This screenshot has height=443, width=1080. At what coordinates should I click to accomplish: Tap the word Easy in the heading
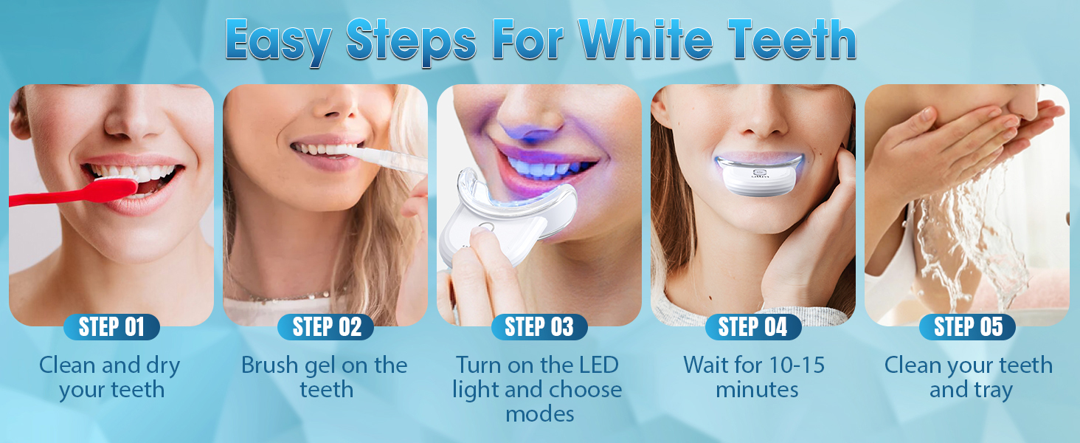pos(279,43)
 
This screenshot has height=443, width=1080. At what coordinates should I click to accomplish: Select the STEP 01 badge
pos(111,326)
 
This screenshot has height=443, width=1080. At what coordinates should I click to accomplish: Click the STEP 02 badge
pos(326,326)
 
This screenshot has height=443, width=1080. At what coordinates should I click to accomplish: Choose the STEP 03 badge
pos(539,326)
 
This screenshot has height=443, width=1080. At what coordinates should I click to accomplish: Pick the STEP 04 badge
pos(753,326)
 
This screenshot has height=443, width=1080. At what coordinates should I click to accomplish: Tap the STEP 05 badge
pos(967,326)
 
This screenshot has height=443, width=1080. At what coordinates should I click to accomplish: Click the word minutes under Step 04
pos(757,389)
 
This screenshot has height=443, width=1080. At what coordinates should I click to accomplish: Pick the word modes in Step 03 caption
pos(539,414)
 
